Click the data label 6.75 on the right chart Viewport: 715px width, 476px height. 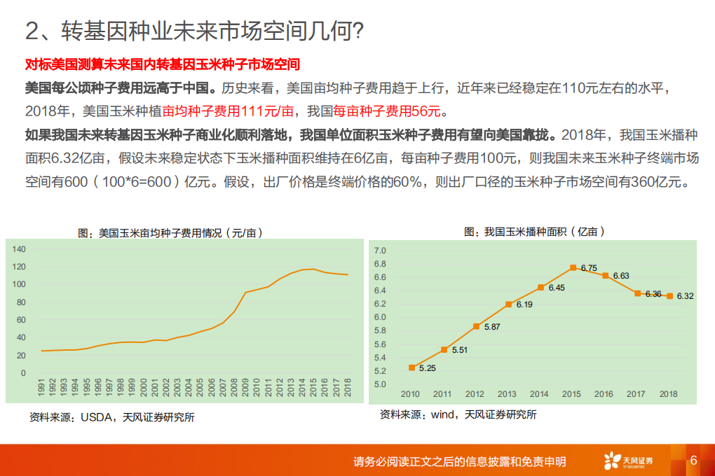[x=589, y=268]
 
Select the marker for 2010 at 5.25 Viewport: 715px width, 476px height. [x=412, y=367]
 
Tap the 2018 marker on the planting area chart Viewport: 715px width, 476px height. [x=669, y=296]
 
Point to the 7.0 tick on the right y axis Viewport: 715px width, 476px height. [x=381, y=251]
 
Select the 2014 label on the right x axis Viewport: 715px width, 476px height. [x=539, y=394]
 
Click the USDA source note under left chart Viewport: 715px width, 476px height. [x=111, y=417]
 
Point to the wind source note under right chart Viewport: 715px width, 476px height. [x=458, y=414]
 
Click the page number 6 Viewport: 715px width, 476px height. [x=693, y=461]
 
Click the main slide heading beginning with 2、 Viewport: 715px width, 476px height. [x=193, y=30]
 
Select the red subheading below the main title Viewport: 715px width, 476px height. [x=162, y=65]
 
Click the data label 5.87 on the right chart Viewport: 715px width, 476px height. [x=492, y=327]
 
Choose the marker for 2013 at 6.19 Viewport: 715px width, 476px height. [x=508, y=304]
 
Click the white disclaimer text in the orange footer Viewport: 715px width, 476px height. [x=459, y=461]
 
